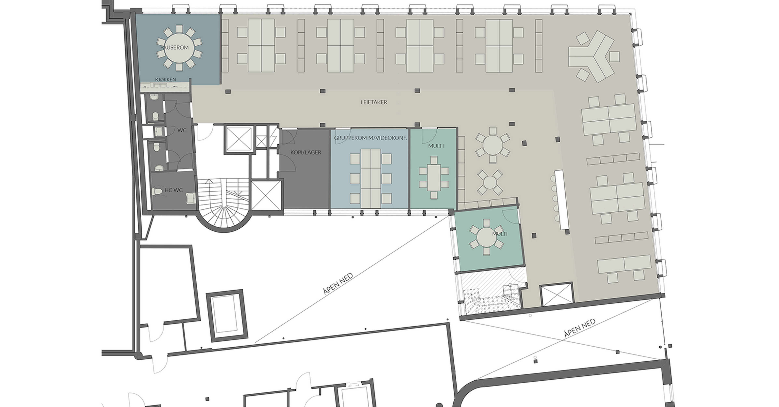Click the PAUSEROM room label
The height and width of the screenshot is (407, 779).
174,47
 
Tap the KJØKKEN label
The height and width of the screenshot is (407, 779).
165,79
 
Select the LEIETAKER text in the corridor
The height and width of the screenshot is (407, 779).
374,102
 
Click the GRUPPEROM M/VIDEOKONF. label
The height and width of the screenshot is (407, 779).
370,138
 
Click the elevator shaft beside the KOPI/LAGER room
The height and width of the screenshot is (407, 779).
266,195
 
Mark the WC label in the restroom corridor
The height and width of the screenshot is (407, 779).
182,130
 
